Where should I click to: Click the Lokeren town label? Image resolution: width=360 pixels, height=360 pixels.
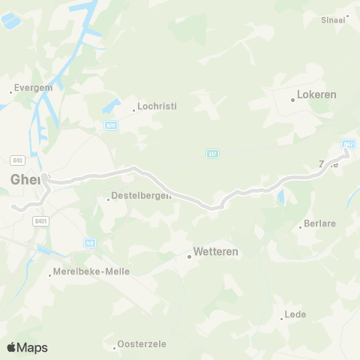[x=317, y=95]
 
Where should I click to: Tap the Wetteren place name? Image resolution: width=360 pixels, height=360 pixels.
[x=215, y=252]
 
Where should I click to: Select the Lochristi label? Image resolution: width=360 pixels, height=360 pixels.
[x=157, y=106]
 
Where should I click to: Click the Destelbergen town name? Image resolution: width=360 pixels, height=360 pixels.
[x=141, y=196]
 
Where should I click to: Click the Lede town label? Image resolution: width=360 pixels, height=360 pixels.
[x=295, y=314]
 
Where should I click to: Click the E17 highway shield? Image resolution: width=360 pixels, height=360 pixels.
[x=212, y=153]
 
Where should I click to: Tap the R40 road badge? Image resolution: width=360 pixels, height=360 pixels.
[x=19, y=160]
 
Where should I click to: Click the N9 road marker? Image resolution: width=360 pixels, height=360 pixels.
[x=89, y=242]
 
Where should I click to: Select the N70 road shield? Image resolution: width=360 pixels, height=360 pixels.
[x=111, y=125]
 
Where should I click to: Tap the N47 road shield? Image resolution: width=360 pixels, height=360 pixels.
[x=347, y=143]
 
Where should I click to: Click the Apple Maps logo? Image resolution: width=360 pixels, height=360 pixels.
[x=27, y=347]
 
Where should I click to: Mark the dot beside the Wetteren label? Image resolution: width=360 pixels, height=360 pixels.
[x=189, y=256]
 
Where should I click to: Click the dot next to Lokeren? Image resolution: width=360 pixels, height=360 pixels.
[x=292, y=98]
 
